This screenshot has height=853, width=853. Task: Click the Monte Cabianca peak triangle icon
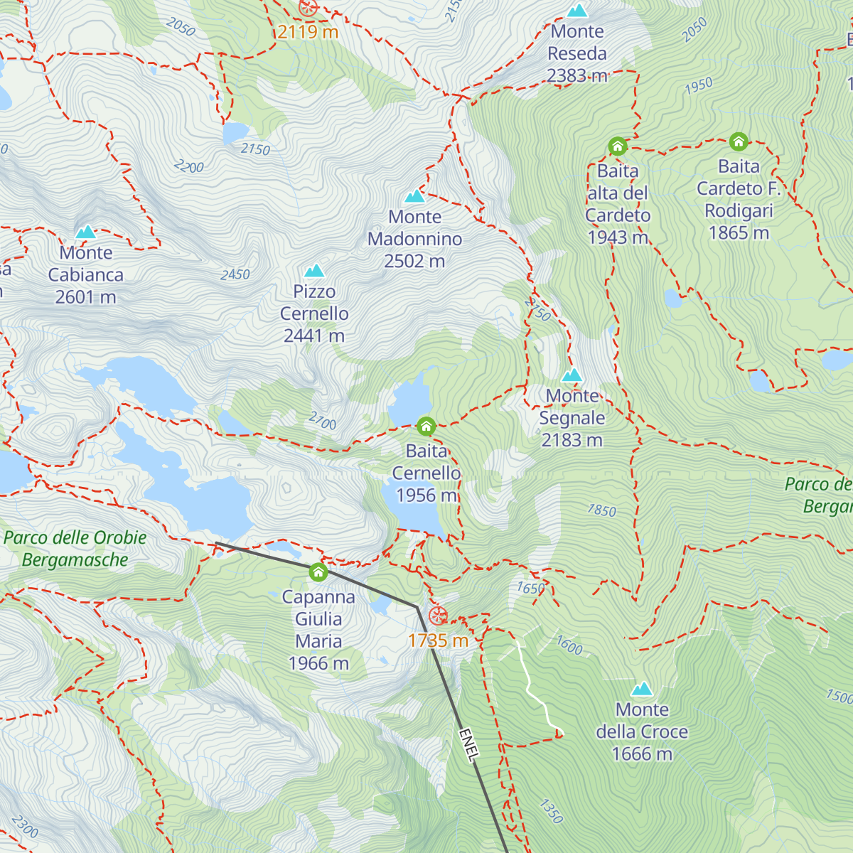point(86,232)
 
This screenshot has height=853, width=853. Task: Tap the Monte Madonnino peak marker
point(414,196)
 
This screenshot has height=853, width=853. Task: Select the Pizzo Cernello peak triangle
point(314,271)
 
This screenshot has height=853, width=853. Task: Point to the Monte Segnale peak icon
point(572,375)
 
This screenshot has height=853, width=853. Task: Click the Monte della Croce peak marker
point(642,689)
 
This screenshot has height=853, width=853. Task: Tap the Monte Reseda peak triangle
point(577,11)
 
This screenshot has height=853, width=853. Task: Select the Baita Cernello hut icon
point(426,426)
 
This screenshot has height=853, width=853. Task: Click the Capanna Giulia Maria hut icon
point(318,572)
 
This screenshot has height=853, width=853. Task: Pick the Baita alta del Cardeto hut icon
point(618,147)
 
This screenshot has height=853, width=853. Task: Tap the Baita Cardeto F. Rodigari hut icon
point(739,142)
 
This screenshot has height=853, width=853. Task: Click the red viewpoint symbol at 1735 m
point(438,616)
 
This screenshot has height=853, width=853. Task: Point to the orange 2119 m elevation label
point(308,32)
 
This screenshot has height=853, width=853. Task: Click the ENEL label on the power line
point(467,745)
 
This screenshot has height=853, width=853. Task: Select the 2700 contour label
point(322,422)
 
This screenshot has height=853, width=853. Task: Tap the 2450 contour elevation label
point(235,274)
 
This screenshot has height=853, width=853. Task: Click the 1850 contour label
point(602,510)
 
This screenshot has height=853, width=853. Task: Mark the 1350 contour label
point(552,811)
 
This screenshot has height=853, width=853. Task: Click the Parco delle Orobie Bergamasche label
point(75,549)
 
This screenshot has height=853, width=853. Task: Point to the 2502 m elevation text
point(414,262)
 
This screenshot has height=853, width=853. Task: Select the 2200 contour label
point(189,167)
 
